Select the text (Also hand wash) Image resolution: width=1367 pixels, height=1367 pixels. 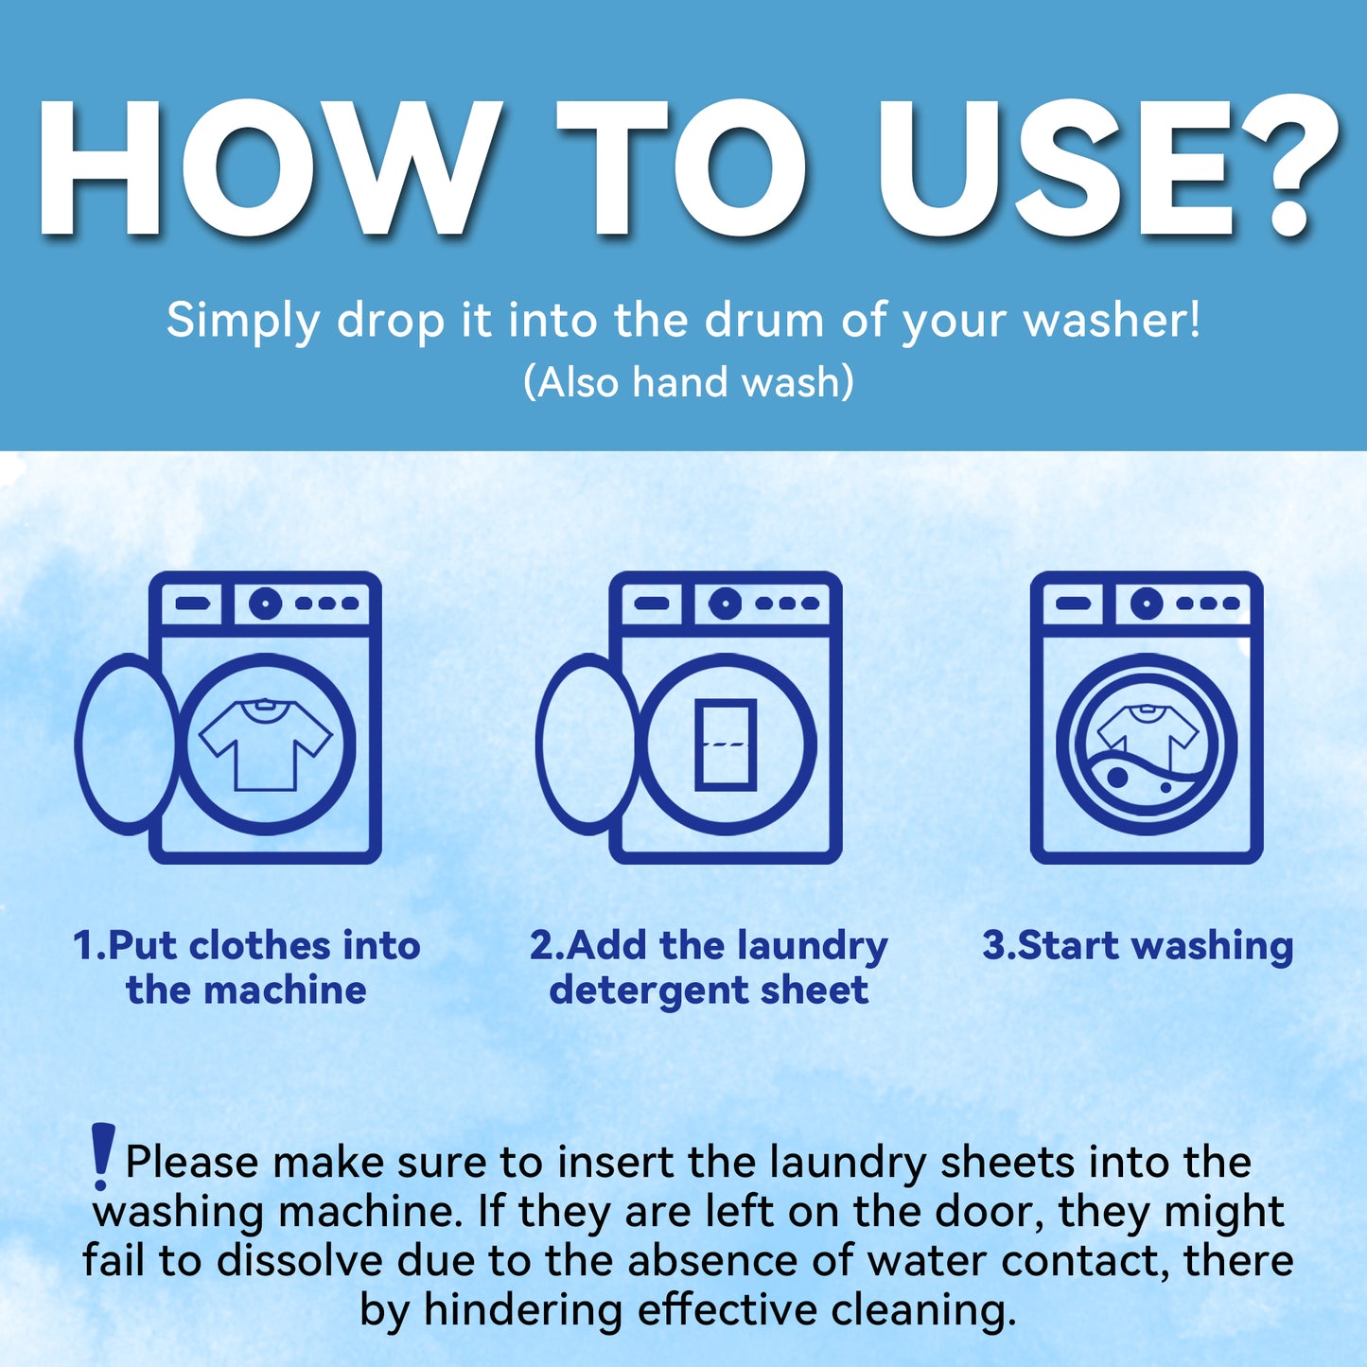coord(689,382)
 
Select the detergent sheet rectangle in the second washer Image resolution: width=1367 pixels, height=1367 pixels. coord(726,745)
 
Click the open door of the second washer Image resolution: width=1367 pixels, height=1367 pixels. coord(587,745)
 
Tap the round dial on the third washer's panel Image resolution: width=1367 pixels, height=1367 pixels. coord(1147,603)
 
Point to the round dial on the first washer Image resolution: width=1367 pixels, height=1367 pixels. coord(265,603)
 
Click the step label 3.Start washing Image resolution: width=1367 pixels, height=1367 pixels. coord(1137,945)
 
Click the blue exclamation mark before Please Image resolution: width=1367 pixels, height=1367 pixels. coord(101,1155)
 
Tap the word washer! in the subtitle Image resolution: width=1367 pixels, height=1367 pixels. coord(1113,320)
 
